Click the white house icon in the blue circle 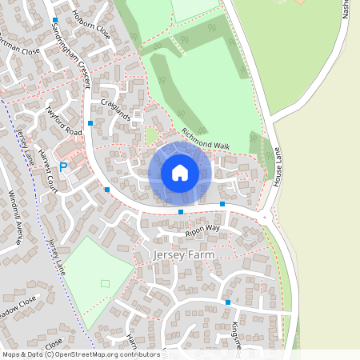pos(180,173)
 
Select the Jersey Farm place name pos(183,254)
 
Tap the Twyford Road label pos(64,121)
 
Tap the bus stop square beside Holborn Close pos(55,20)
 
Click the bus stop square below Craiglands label pos(90,123)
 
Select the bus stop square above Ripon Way pos(181,212)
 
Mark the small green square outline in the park pos(105,282)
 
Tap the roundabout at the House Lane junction pos(264,217)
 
